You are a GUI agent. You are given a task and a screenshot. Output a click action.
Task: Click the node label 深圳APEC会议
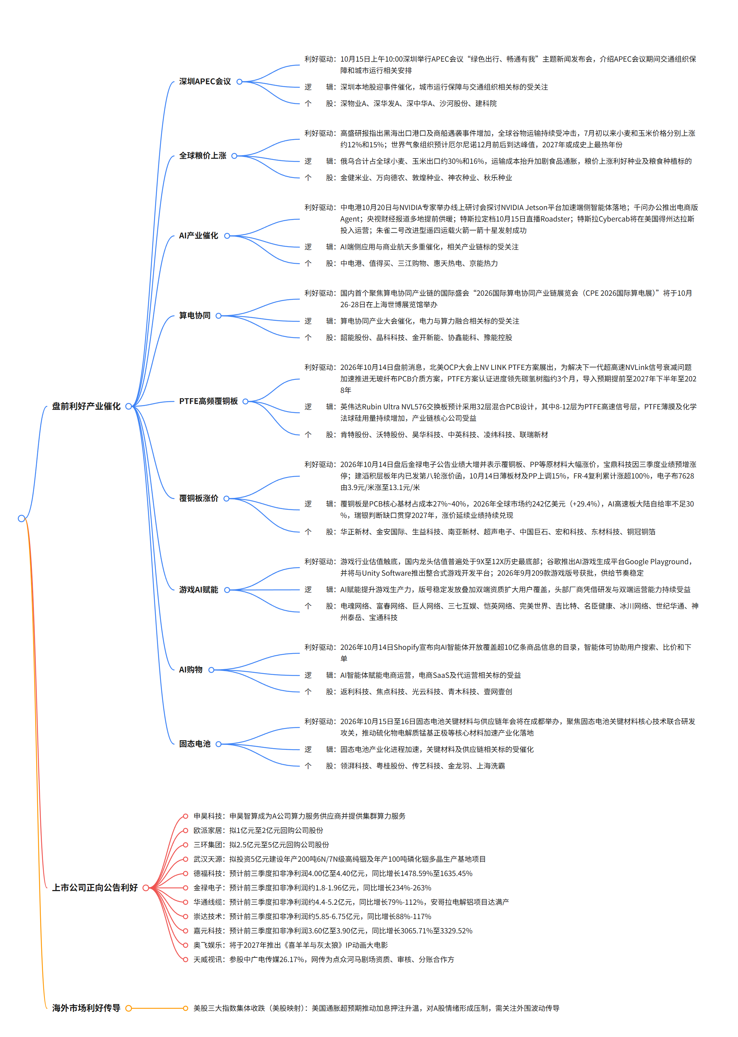[205, 81]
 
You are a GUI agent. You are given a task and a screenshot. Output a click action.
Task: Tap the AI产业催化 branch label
[198, 236]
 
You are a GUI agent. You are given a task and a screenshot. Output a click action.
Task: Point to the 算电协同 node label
[195, 315]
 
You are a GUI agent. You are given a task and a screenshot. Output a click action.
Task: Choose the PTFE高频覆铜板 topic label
[208, 401]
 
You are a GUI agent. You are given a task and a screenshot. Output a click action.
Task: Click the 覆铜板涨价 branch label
[198, 498]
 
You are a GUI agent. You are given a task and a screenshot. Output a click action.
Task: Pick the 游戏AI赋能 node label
[198, 590]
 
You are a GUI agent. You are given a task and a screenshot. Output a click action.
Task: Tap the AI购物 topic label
[190, 670]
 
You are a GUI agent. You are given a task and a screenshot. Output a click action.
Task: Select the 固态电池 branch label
[195, 744]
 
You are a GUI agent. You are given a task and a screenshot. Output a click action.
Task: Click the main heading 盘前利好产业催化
[86, 406]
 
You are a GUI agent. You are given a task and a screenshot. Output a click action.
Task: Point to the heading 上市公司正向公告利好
[95, 888]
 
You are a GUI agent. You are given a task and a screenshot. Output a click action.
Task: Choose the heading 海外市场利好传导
[86, 1008]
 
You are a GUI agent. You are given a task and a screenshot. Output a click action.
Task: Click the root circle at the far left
[21, 518]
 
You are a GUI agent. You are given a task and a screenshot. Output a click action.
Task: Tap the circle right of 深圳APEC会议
[239, 81]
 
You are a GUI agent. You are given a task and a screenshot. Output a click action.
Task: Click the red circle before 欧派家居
[186, 830]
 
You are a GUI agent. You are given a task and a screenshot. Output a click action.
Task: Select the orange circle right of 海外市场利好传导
[129, 1008]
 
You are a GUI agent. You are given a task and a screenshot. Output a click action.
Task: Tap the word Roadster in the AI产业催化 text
[555, 219]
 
